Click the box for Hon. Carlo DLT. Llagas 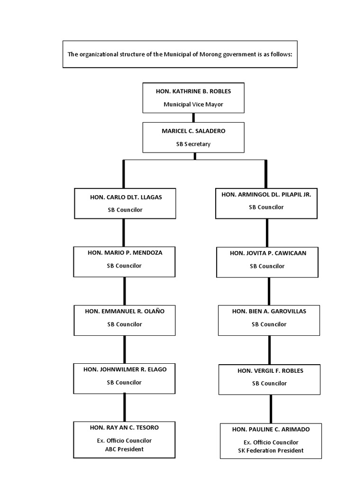tap(124, 203)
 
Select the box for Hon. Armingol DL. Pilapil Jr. tap(266, 203)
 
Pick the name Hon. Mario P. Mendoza tap(125, 252)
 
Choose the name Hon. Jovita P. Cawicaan tap(268, 253)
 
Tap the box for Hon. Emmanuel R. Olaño tap(124, 320)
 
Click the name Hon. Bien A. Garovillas tap(269, 311)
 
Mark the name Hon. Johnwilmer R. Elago tap(125, 369)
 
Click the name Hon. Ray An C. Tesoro tap(124, 427)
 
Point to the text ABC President tap(124, 449)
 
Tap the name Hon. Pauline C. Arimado tap(271, 429)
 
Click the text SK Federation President tap(271, 450)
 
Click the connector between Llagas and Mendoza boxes tap(124, 232)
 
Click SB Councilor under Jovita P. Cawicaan tap(268, 266)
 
